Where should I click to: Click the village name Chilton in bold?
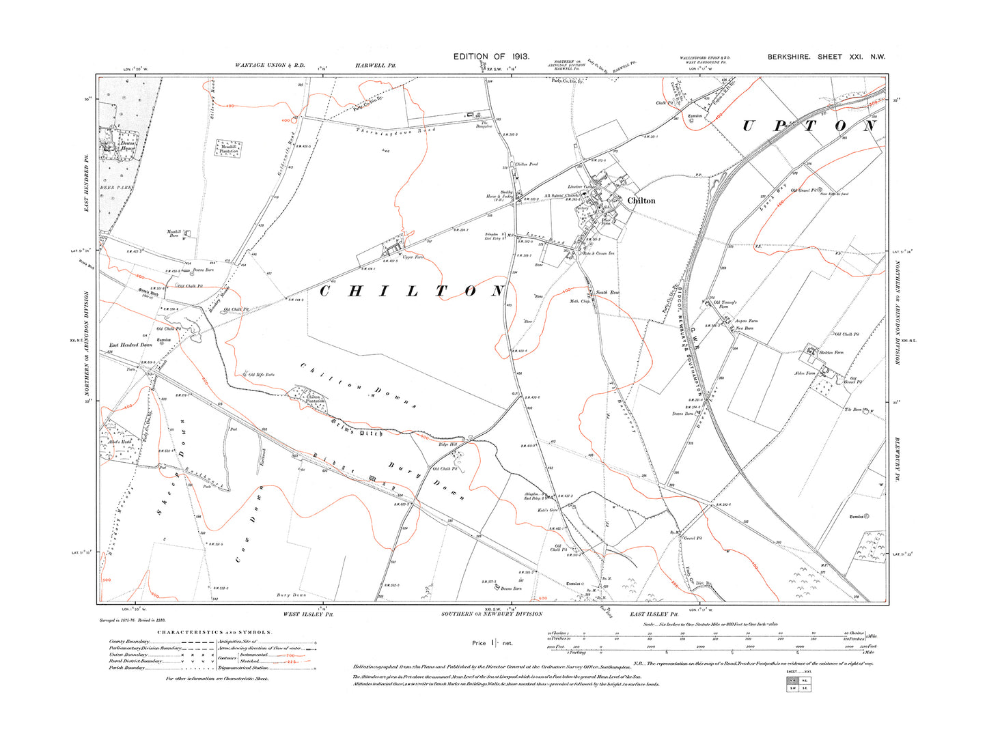(641, 201)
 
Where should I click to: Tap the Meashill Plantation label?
(229, 149)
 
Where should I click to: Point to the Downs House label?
(128, 146)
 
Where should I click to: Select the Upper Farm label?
(413, 257)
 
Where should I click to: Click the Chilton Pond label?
(527, 165)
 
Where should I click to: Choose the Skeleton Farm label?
(831, 352)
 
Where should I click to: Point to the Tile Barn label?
(853, 410)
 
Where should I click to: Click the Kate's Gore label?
(548, 511)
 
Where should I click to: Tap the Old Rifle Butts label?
(261, 375)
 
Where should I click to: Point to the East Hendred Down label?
(131, 345)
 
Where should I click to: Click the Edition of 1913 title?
(491, 57)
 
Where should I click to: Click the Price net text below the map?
(492, 643)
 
